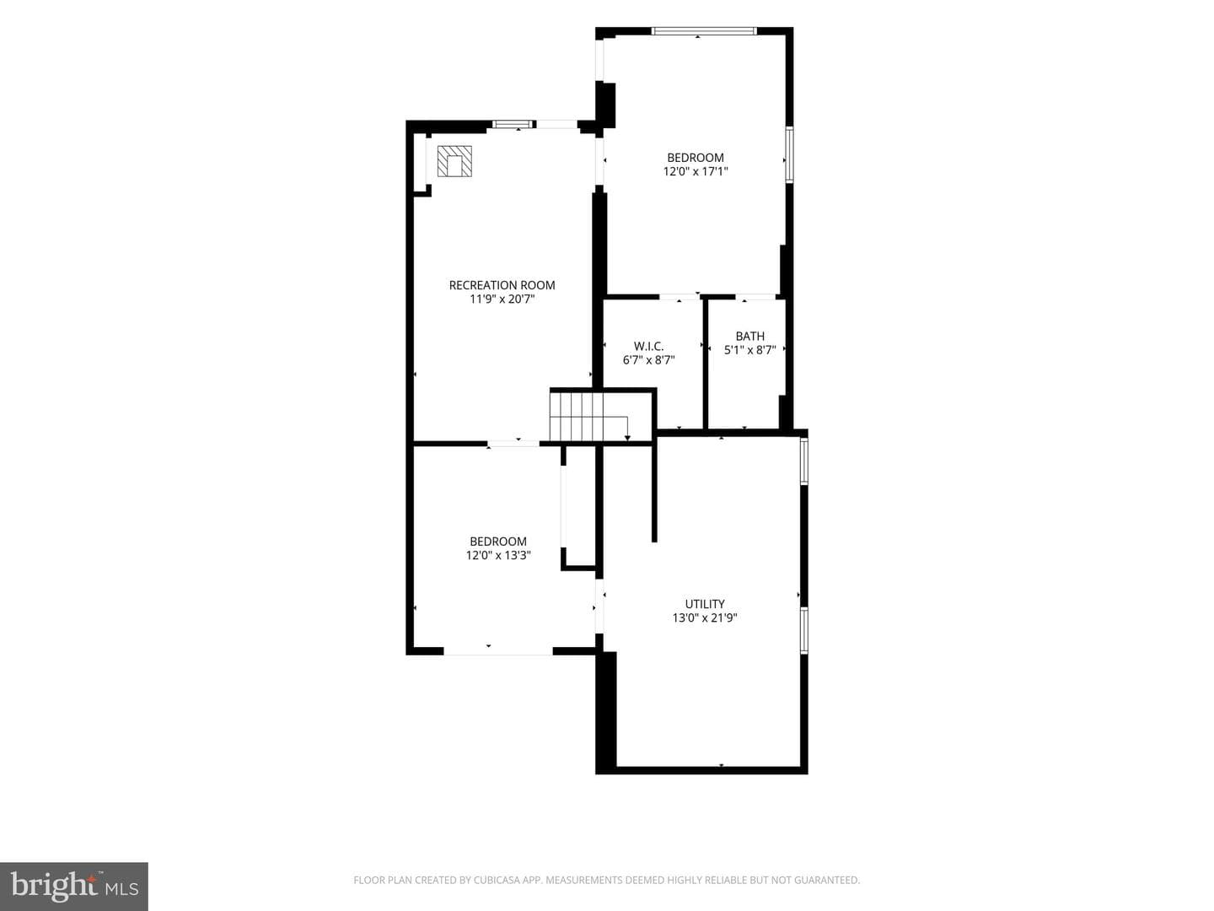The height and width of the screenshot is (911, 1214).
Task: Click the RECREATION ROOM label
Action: click(502, 285)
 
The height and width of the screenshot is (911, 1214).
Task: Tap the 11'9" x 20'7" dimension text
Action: click(502, 299)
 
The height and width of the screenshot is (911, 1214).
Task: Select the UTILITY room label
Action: click(705, 604)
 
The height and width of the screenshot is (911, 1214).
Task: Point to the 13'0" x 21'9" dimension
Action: click(705, 617)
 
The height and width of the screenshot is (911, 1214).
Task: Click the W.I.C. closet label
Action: click(649, 346)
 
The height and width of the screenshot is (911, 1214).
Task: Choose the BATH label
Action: click(750, 337)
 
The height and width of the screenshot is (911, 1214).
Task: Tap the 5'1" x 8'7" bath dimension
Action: click(750, 350)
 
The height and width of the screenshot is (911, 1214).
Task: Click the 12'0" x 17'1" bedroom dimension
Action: click(696, 171)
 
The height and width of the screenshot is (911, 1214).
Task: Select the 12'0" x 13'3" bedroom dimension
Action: click(498, 555)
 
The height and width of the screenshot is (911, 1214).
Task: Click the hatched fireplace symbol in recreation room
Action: click(454, 161)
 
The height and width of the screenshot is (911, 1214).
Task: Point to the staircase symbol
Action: click(590, 417)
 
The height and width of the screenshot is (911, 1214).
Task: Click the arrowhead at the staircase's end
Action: click(627, 439)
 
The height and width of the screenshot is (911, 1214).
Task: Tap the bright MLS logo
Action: click(74, 886)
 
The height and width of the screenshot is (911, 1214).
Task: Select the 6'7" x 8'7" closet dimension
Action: click(649, 360)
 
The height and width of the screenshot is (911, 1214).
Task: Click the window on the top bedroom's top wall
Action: click(703, 31)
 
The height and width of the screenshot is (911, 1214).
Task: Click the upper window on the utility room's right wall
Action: click(804, 461)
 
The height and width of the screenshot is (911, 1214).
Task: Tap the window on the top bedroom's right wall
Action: click(790, 155)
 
